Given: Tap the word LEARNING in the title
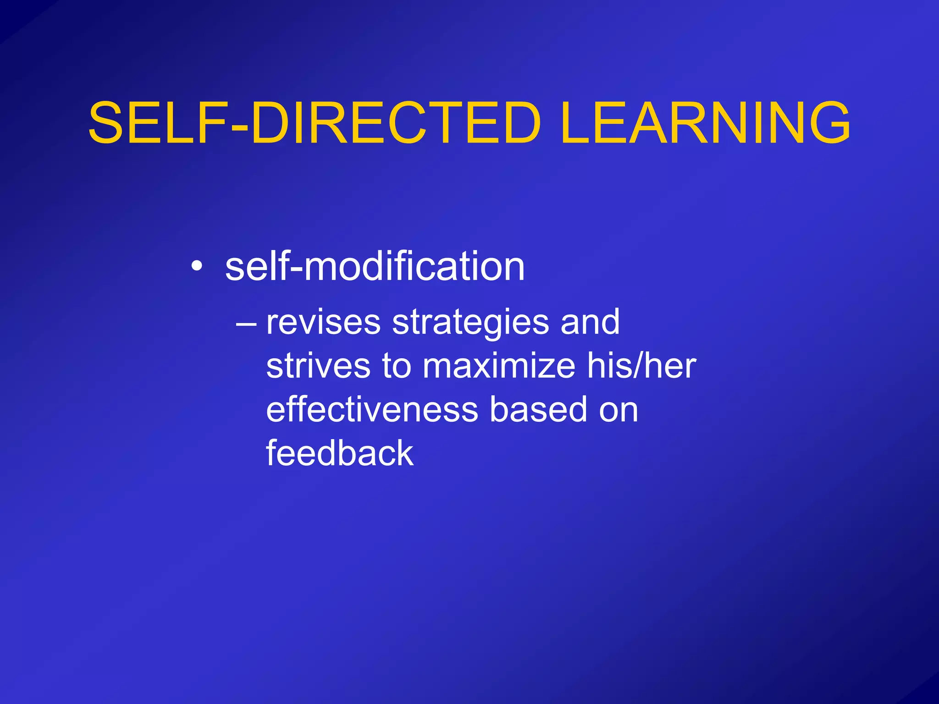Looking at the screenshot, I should click(x=705, y=123).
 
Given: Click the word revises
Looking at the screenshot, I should click(x=323, y=322).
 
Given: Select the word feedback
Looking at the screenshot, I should click(x=340, y=453).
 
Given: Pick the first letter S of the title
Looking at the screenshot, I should click(x=107, y=123).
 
